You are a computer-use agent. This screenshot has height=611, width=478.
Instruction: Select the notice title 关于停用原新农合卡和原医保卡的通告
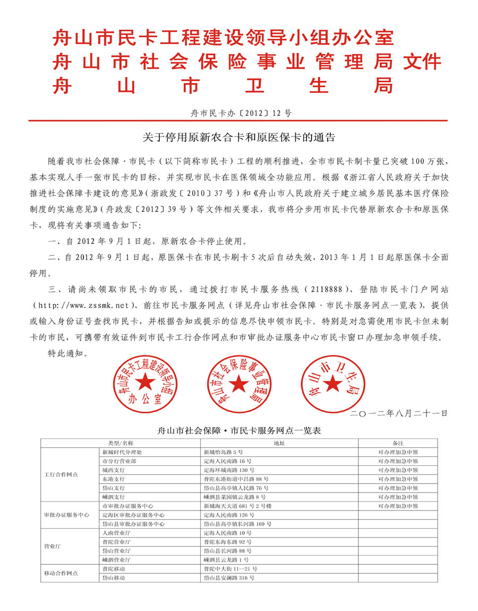pos(239,138)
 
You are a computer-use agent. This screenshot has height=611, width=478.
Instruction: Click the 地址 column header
pos(279,443)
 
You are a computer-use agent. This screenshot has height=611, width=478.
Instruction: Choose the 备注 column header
pos(398,443)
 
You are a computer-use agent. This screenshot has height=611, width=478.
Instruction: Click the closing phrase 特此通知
pos(65,352)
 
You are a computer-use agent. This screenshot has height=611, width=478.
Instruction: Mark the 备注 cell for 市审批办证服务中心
pos(398,506)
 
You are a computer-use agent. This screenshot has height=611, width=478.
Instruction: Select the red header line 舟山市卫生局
pos(223,84)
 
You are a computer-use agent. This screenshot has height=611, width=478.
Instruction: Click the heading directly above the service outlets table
pos(240,431)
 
